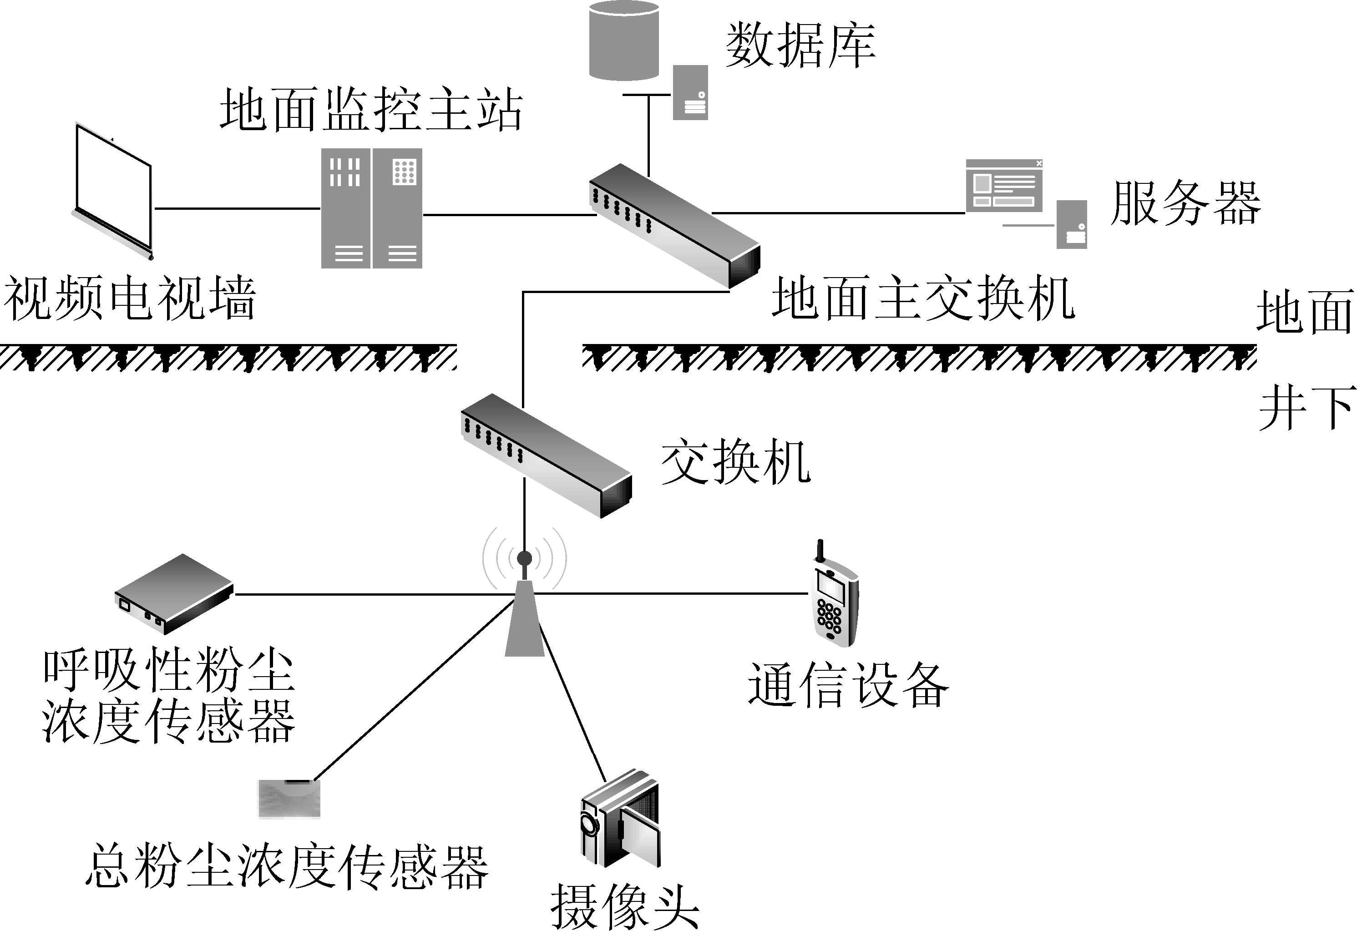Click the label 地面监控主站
coord(371,109)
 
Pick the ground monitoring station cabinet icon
coord(371,208)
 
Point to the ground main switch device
coord(674,225)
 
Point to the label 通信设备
coord(848,685)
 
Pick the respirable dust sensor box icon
coord(174,594)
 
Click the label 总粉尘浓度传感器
coord(286,868)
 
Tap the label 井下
coord(1306,408)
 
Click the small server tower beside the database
coord(690,93)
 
